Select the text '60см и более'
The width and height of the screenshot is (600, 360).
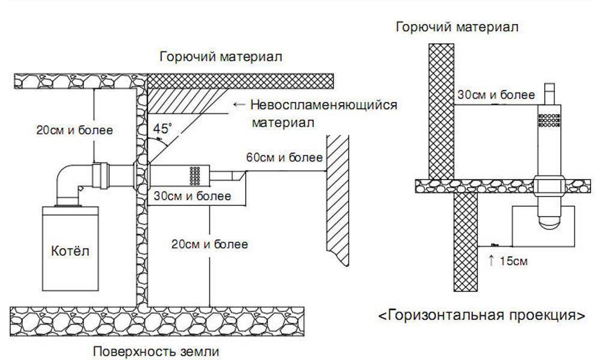(285, 158)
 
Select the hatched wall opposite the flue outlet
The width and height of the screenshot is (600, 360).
(338, 198)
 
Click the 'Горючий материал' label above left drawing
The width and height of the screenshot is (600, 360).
(220, 57)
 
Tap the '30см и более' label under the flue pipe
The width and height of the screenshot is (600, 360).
(190, 196)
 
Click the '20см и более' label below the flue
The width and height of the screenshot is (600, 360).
(209, 244)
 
